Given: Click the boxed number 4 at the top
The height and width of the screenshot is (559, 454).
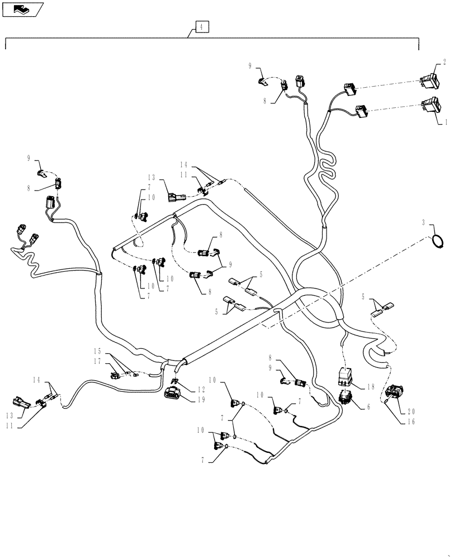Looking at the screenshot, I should point(202,26).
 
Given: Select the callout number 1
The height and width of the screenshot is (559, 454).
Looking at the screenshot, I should point(445,121).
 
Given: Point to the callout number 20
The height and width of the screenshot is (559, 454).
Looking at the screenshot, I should point(412,409).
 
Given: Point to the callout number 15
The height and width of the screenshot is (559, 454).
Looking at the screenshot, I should point(98,351).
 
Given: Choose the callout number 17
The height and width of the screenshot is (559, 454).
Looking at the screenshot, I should point(98,362).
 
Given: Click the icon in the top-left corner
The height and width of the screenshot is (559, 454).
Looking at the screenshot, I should point(22,9).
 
